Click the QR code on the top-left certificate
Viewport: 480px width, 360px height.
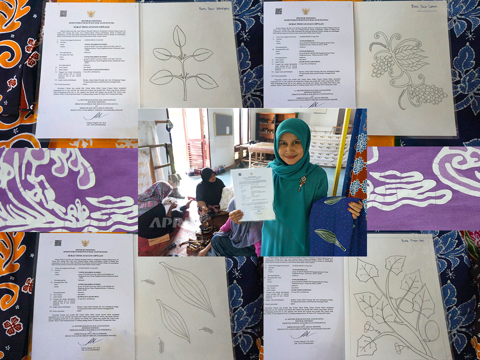[x=63, y=13]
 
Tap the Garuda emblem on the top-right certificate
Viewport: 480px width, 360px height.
[x=305, y=11]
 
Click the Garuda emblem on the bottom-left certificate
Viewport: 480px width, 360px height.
[x=85, y=242]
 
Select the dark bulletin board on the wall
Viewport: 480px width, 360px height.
[x=223, y=124]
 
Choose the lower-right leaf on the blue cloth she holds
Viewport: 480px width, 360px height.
[x=329, y=239]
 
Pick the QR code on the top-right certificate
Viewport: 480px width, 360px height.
[x=278, y=10]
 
